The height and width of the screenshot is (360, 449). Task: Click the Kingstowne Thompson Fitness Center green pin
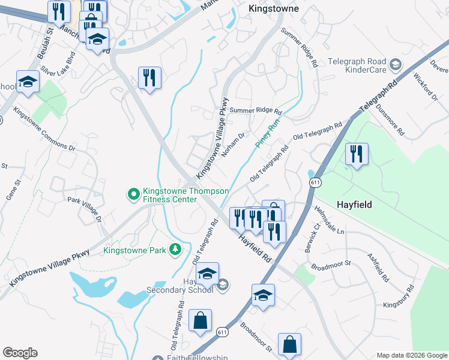pyautogui.click(x=132, y=194)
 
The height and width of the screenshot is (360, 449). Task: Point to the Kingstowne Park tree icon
pyautogui.click(x=175, y=249)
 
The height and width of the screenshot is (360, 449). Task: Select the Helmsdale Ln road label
pyautogui.click(x=329, y=220)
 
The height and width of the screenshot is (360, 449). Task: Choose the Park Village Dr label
pyautogui.click(x=85, y=209)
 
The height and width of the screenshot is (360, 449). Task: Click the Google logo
pyautogui.click(x=20, y=353)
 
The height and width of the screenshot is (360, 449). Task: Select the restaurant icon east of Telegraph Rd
pyautogui.click(x=357, y=154)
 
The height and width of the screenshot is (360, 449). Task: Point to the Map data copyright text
pyautogui.click(x=411, y=355)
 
